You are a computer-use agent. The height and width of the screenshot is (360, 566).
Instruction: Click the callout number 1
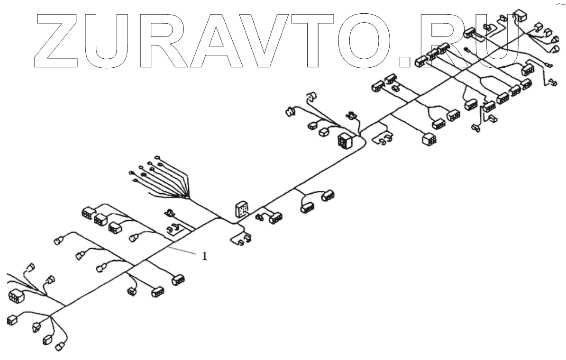pyautogui.click(x=204, y=256)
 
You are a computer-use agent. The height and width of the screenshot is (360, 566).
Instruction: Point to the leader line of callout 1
pyautogui.click(x=183, y=251)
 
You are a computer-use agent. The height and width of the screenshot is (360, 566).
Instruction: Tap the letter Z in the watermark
pyautogui.click(x=59, y=38)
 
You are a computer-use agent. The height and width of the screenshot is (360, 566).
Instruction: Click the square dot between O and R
pyautogui.click(x=407, y=60)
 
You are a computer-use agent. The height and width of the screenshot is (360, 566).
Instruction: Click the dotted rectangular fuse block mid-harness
pyautogui.click(x=241, y=209)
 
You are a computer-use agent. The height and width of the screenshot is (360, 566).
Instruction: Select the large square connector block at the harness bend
pyautogui.click(x=344, y=140)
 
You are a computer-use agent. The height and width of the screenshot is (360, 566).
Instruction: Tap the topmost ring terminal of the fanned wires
pyautogui.click(x=157, y=157)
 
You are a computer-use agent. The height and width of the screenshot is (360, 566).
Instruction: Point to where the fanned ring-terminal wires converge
pyautogui.click(x=189, y=197)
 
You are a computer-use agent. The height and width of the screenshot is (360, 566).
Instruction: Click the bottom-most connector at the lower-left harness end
pyautogui.click(x=60, y=347)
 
